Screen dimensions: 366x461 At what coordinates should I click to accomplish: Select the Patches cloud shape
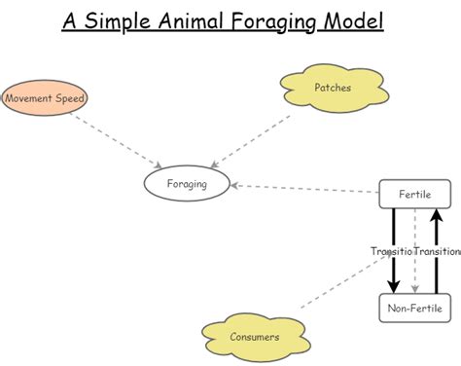(332, 89)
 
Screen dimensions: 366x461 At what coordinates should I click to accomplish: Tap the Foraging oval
(188, 182)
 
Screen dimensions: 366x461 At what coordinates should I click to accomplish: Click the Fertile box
(414, 195)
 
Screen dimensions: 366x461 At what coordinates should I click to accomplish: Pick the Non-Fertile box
(414, 309)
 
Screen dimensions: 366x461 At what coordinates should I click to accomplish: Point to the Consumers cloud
(255, 337)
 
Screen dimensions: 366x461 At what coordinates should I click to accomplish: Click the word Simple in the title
(122, 22)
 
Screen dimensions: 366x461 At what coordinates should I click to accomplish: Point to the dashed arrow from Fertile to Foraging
(306, 189)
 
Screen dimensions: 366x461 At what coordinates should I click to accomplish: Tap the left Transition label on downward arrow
(391, 251)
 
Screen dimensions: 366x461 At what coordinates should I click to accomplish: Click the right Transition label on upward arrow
(438, 251)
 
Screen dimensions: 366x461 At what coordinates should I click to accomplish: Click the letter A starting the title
(71, 20)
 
